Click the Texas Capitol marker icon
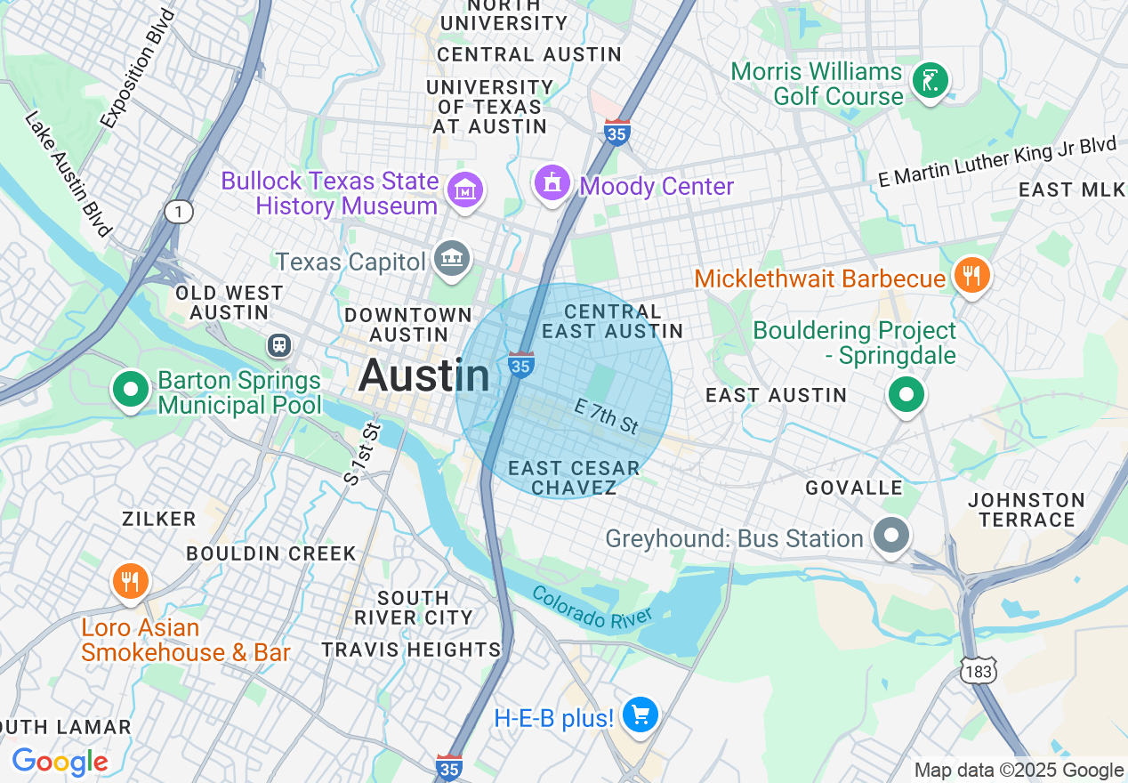coord(452,259)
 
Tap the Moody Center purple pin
coord(552,183)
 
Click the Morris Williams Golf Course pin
coord(930,82)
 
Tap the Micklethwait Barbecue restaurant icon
coord(971,276)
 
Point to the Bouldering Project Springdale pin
coord(906,395)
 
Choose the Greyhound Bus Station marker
coord(890,537)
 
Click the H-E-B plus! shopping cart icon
coord(640,715)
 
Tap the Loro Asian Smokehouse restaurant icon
coord(131,583)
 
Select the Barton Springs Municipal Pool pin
coord(131,390)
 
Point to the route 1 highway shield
coord(178,211)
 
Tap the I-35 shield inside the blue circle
coord(521,365)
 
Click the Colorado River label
coord(592,607)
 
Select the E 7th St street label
coord(607,416)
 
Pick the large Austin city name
coord(424,376)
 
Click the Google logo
coord(60,762)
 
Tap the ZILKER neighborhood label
coord(159,519)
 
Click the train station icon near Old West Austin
coord(280,344)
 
